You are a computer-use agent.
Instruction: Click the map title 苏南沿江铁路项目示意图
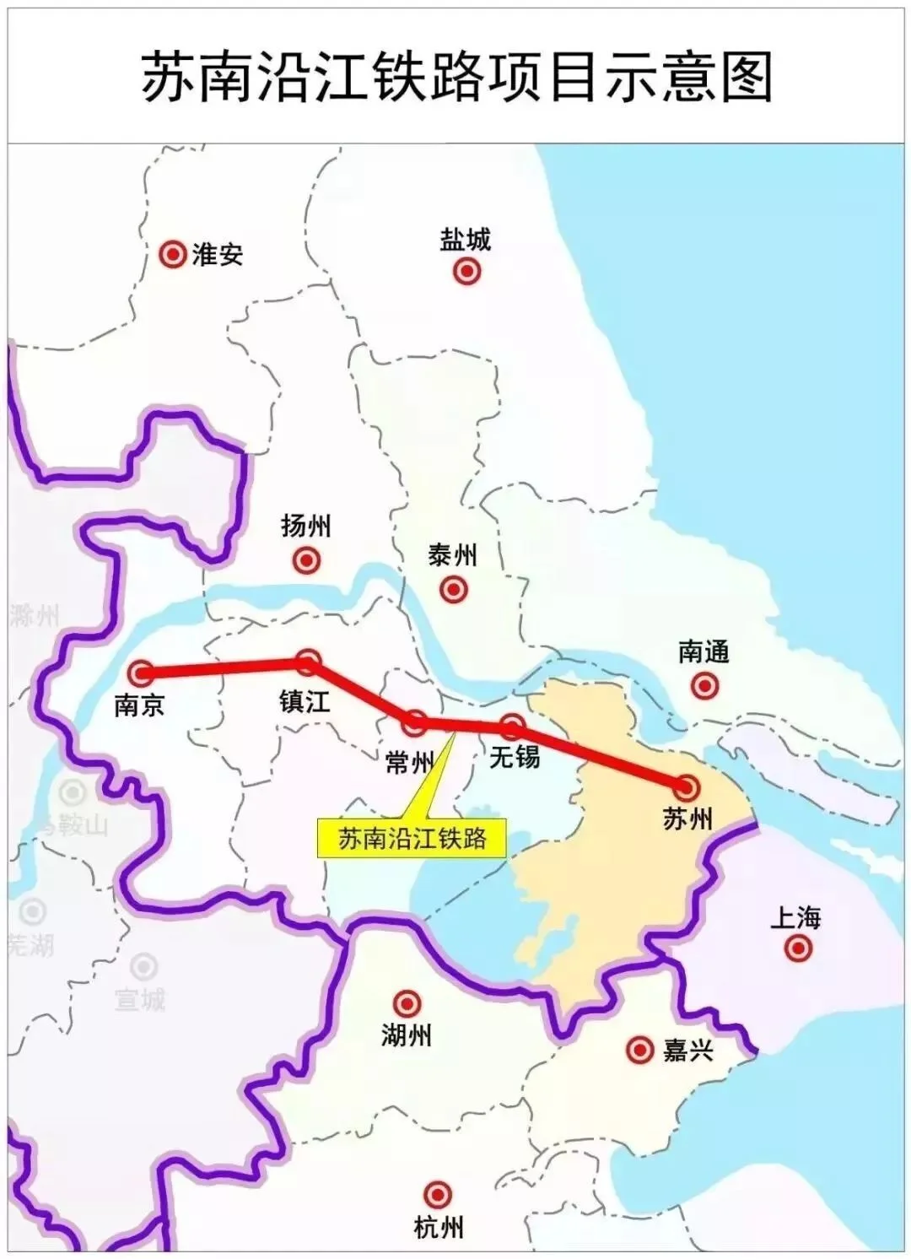[x=455, y=76]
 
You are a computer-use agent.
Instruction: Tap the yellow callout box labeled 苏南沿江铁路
[x=412, y=838]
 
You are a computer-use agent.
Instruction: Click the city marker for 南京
[x=140, y=673]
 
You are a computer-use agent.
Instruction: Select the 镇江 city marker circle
[x=309, y=662]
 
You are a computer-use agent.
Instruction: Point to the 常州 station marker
[x=414, y=722]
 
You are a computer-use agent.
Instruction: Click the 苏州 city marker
[x=687, y=788]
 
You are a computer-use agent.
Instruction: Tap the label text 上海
[x=795, y=917]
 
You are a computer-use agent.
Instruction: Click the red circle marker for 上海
[x=797, y=948]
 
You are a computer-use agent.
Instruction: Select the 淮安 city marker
[x=173, y=254]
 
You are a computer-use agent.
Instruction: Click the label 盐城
[x=465, y=240]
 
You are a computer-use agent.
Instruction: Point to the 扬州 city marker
[x=306, y=559]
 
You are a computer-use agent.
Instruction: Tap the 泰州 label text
[x=453, y=555]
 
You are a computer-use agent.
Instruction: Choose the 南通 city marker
[x=704, y=686]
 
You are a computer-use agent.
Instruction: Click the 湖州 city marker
[x=407, y=1003]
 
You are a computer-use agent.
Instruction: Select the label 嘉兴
[x=688, y=1051]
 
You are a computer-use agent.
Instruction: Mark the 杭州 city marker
[x=437, y=1195]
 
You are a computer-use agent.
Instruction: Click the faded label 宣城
[x=140, y=1000]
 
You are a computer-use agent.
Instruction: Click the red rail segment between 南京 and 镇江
[x=224, y=667]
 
